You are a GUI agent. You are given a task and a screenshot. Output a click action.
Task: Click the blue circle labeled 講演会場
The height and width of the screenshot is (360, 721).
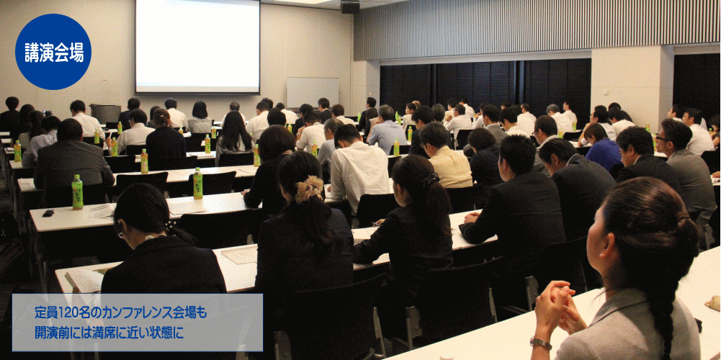coord(53,52)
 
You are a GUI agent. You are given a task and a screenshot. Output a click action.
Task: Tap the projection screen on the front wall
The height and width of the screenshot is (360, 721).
coord(197,46)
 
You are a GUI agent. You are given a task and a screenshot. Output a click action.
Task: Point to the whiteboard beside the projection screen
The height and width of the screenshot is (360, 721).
coord(312,92)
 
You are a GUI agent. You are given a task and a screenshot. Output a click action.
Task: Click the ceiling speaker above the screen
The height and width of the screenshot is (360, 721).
coord(350,6)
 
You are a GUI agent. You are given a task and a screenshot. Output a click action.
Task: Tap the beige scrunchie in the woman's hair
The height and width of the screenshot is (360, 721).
coord(309,189)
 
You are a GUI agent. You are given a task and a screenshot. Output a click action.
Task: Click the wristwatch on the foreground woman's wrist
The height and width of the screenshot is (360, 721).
coord(540,343)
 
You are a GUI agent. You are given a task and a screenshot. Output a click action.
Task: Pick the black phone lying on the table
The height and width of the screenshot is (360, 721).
coord(48,213)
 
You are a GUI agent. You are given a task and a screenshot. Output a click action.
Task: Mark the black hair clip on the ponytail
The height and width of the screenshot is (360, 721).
coord(431,179)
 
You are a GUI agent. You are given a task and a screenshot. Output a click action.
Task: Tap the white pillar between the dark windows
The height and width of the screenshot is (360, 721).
coord(632,84)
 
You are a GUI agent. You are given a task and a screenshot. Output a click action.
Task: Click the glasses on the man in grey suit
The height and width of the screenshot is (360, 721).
coord(662,138)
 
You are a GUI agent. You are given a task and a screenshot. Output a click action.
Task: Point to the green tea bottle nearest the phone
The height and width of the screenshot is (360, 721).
coord(77,192)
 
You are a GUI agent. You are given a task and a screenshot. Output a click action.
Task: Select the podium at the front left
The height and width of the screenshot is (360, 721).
coord(105,114)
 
